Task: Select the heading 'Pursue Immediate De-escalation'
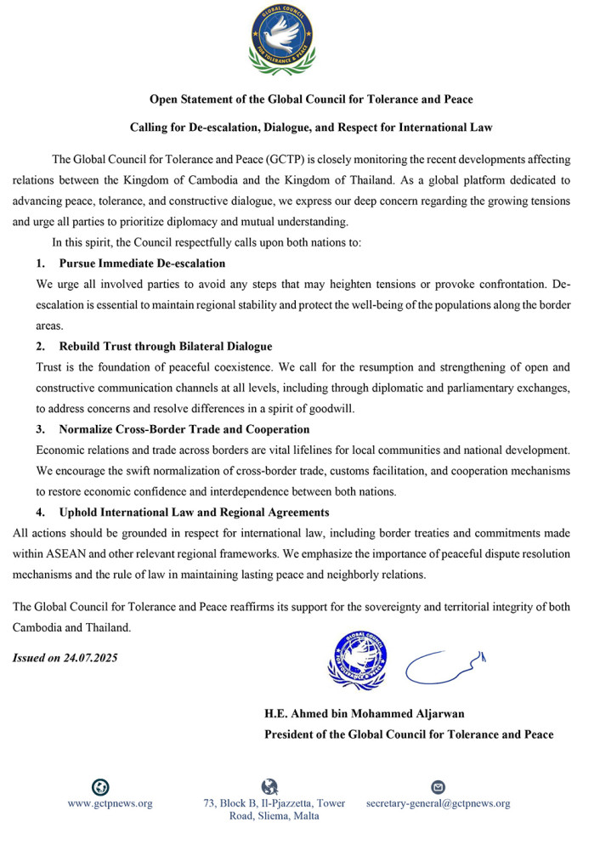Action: [x=142, y=263]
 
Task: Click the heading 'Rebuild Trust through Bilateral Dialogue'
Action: [x=165, y=347]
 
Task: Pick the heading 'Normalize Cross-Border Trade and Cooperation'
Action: [x=184, y=429]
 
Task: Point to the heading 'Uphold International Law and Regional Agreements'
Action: [x=194, y=513]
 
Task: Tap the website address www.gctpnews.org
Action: [x=110, y=803]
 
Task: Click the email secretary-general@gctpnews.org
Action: [x=438, y=803]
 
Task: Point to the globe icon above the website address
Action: [x=100, y=787]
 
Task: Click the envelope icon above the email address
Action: [x=439, y=787]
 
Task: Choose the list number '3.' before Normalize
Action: [x=40, y=429]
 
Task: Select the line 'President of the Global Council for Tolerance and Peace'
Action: [x=409, y=734]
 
